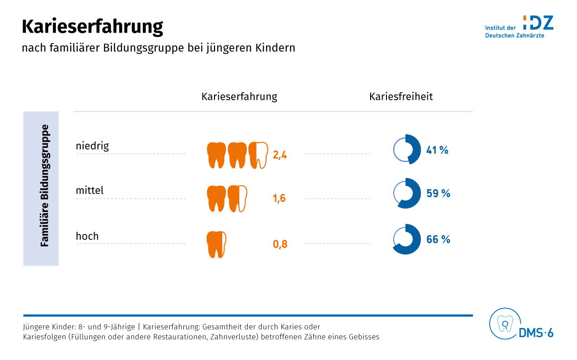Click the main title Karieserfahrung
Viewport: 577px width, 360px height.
click(x=92, y=27)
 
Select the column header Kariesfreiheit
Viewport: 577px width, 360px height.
click(x=401, y=96)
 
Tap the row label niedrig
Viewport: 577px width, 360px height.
click(x=92, y=146)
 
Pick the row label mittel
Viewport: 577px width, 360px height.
click(x=89, y=191)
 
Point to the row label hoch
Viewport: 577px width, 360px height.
click(x=87, y=236)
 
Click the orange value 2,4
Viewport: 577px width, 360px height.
click(x=280, y=155)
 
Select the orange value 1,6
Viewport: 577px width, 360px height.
click(x=279, y=198)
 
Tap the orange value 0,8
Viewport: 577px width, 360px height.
click(x=280, y=244)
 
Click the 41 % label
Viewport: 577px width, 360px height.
click(x=437, y=150)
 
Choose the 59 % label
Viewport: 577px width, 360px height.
click(x=438, y=193)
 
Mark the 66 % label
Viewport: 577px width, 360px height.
click(x=438, y=239)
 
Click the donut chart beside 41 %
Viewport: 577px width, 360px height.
click(x=406, y=149)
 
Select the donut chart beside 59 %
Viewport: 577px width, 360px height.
click(x=406, y=193)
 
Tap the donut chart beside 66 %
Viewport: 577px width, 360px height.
click(x=406, y=239)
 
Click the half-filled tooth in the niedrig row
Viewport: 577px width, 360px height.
click(x=258, y=155)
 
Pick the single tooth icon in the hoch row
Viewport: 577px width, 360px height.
click(x=216, y=244)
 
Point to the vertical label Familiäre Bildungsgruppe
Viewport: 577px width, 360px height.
click(x=45, y=186)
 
